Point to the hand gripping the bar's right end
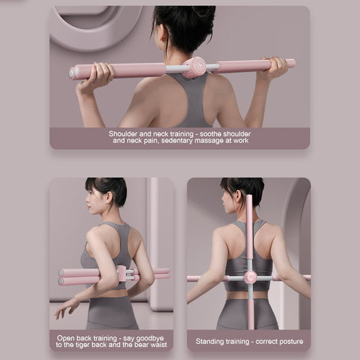276,67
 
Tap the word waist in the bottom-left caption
155,345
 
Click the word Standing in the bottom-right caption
211,342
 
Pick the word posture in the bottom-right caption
288,342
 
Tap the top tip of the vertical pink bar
249,199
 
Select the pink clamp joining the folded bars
122,274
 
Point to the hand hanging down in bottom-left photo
66,307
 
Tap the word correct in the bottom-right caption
260,342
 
